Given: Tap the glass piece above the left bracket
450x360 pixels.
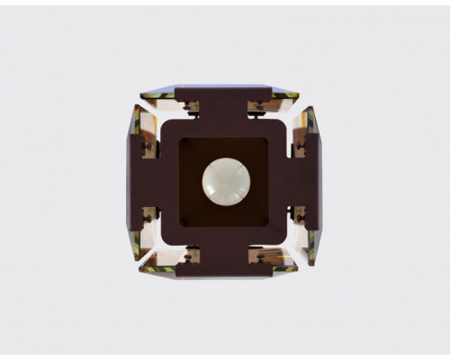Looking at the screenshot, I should point(137,121).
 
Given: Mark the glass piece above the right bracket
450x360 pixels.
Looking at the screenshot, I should point(310,121).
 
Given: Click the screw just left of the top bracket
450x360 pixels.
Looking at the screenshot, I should point(190,106).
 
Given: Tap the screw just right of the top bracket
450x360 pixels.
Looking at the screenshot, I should point(258,106).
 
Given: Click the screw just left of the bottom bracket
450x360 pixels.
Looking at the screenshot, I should point(190,256).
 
